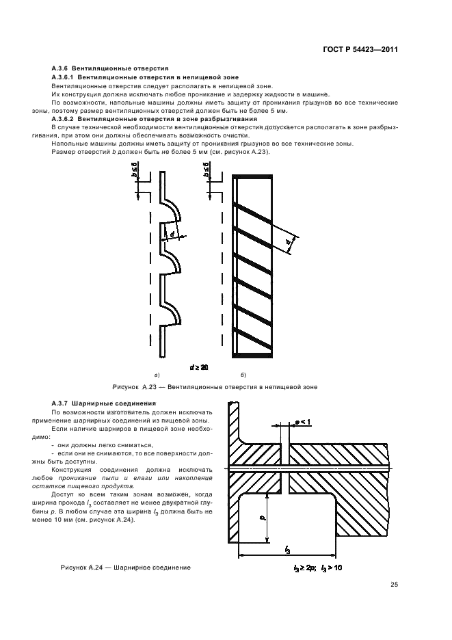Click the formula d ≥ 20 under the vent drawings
click(x=199, y=367)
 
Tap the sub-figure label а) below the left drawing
click(x=157, y=375)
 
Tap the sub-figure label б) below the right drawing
click(x=243, y=375)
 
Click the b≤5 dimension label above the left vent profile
click(x=137, y=172)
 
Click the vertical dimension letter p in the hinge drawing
click(x=261, y=518)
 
